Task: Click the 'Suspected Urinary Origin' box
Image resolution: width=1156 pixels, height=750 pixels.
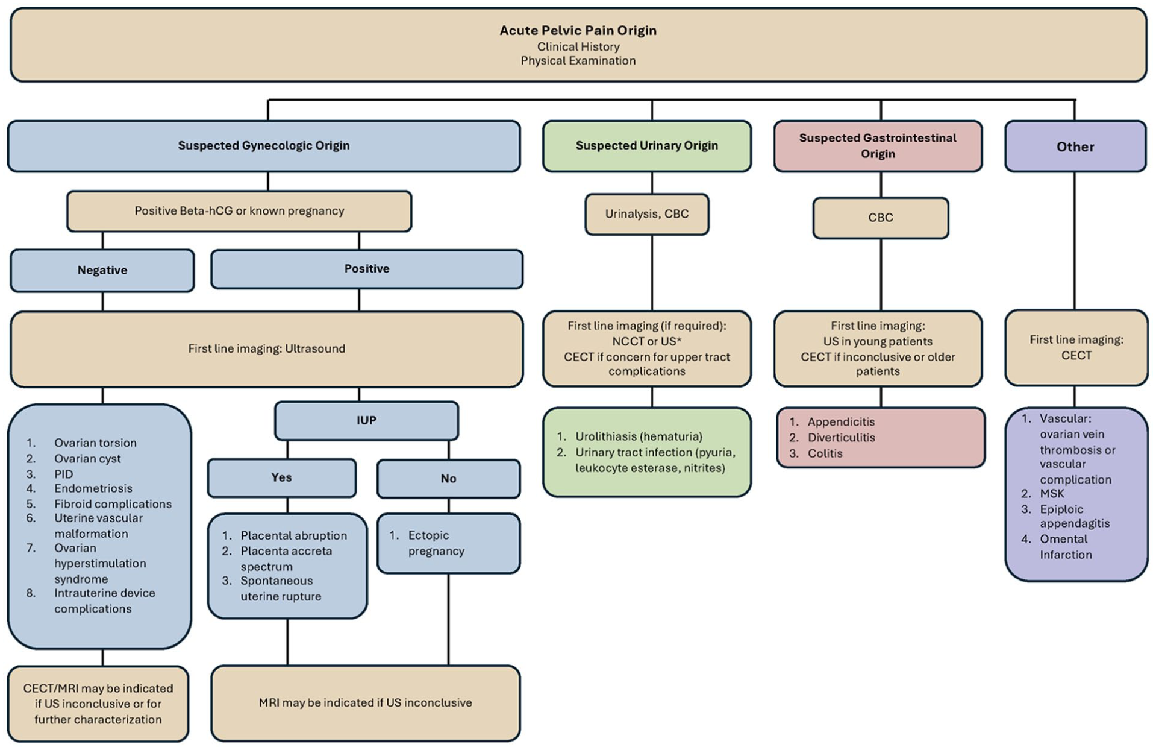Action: (x=647, y=146)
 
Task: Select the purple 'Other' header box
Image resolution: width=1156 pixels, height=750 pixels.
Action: (x=1075, y=147)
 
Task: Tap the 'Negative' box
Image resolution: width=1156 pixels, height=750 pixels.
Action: (x=102, y=270)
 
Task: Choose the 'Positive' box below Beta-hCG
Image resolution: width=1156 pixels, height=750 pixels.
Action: (x=367, y=269)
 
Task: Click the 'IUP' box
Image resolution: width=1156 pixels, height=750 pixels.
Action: (x=366, y=420)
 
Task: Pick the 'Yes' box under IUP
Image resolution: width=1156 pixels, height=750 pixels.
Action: (x=282, y=477)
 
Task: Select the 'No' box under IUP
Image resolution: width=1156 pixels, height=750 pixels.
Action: (x=449, y=479)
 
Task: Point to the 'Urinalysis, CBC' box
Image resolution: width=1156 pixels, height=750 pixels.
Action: (x=647, y=214)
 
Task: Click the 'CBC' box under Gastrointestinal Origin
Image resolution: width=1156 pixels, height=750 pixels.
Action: (x=881, y=218)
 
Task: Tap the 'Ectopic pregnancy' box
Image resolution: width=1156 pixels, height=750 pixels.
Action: (x=449, y=543)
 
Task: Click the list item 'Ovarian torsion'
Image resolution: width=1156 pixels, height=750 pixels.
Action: (x=95, y=443)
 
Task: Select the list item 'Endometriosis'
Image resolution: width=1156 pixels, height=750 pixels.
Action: (x=93, y=488)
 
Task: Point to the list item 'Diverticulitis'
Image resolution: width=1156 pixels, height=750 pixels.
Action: (x=842, y=438)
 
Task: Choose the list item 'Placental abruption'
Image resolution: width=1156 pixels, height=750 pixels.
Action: (x=294, y=535)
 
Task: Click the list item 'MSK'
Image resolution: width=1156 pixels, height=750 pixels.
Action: (x=1052, y=493)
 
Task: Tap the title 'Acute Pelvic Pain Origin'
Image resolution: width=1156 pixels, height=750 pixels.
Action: (x=578, y=30)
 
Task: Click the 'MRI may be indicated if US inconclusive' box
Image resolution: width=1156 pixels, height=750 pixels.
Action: (x=366, y=703)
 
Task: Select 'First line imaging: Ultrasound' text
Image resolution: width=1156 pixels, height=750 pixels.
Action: (x=267, y=348)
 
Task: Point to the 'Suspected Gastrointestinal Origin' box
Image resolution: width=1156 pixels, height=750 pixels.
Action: (x=878, y=146)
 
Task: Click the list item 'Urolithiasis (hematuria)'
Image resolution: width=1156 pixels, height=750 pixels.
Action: (x=639, y=436)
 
